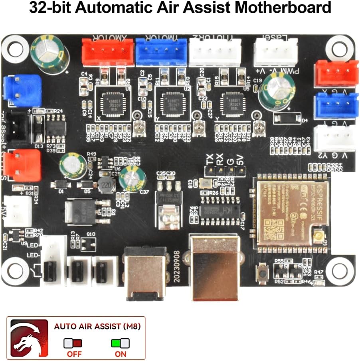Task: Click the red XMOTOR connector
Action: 107,52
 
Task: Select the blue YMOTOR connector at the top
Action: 161,52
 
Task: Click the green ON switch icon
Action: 121,343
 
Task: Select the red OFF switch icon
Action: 73,343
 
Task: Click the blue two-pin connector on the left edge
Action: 22,88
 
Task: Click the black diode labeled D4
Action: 287,118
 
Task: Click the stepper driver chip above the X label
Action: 111,102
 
